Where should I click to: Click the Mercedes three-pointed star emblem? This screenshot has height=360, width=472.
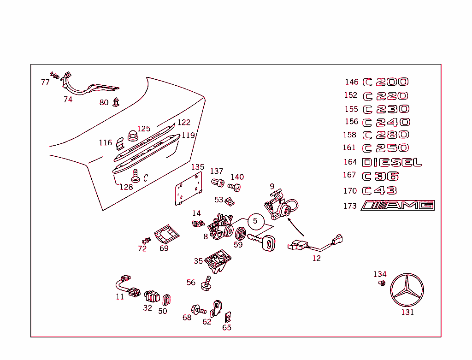pyautogui.click(x=407, y=290)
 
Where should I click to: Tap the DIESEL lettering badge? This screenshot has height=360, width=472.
pyautogui.click(x=392, y=162)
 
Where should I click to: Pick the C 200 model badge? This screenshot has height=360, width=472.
pyautogui.click(x=386, y=82)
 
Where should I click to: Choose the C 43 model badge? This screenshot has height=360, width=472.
pyautogui.click(x=380, y=191)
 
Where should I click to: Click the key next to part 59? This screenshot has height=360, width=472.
pyautogui.click(x=262, y=242)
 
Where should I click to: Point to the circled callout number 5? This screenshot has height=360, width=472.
pyautogui.click(x=255, y=221)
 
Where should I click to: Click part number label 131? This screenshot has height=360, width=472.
pyautogui.click(x=407, y=312)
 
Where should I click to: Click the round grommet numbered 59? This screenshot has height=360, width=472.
pyautogui.click(x=239, y=232)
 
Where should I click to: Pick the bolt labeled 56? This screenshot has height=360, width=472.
pyautogui.click(x=206, y=283)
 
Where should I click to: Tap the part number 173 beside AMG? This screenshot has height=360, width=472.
pyautogui.click(x=350, y=206)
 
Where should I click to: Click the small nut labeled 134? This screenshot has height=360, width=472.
pyautogui.click(x=382, y=283)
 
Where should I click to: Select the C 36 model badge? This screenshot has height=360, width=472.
pyautogui.click(x=381, y=176)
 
